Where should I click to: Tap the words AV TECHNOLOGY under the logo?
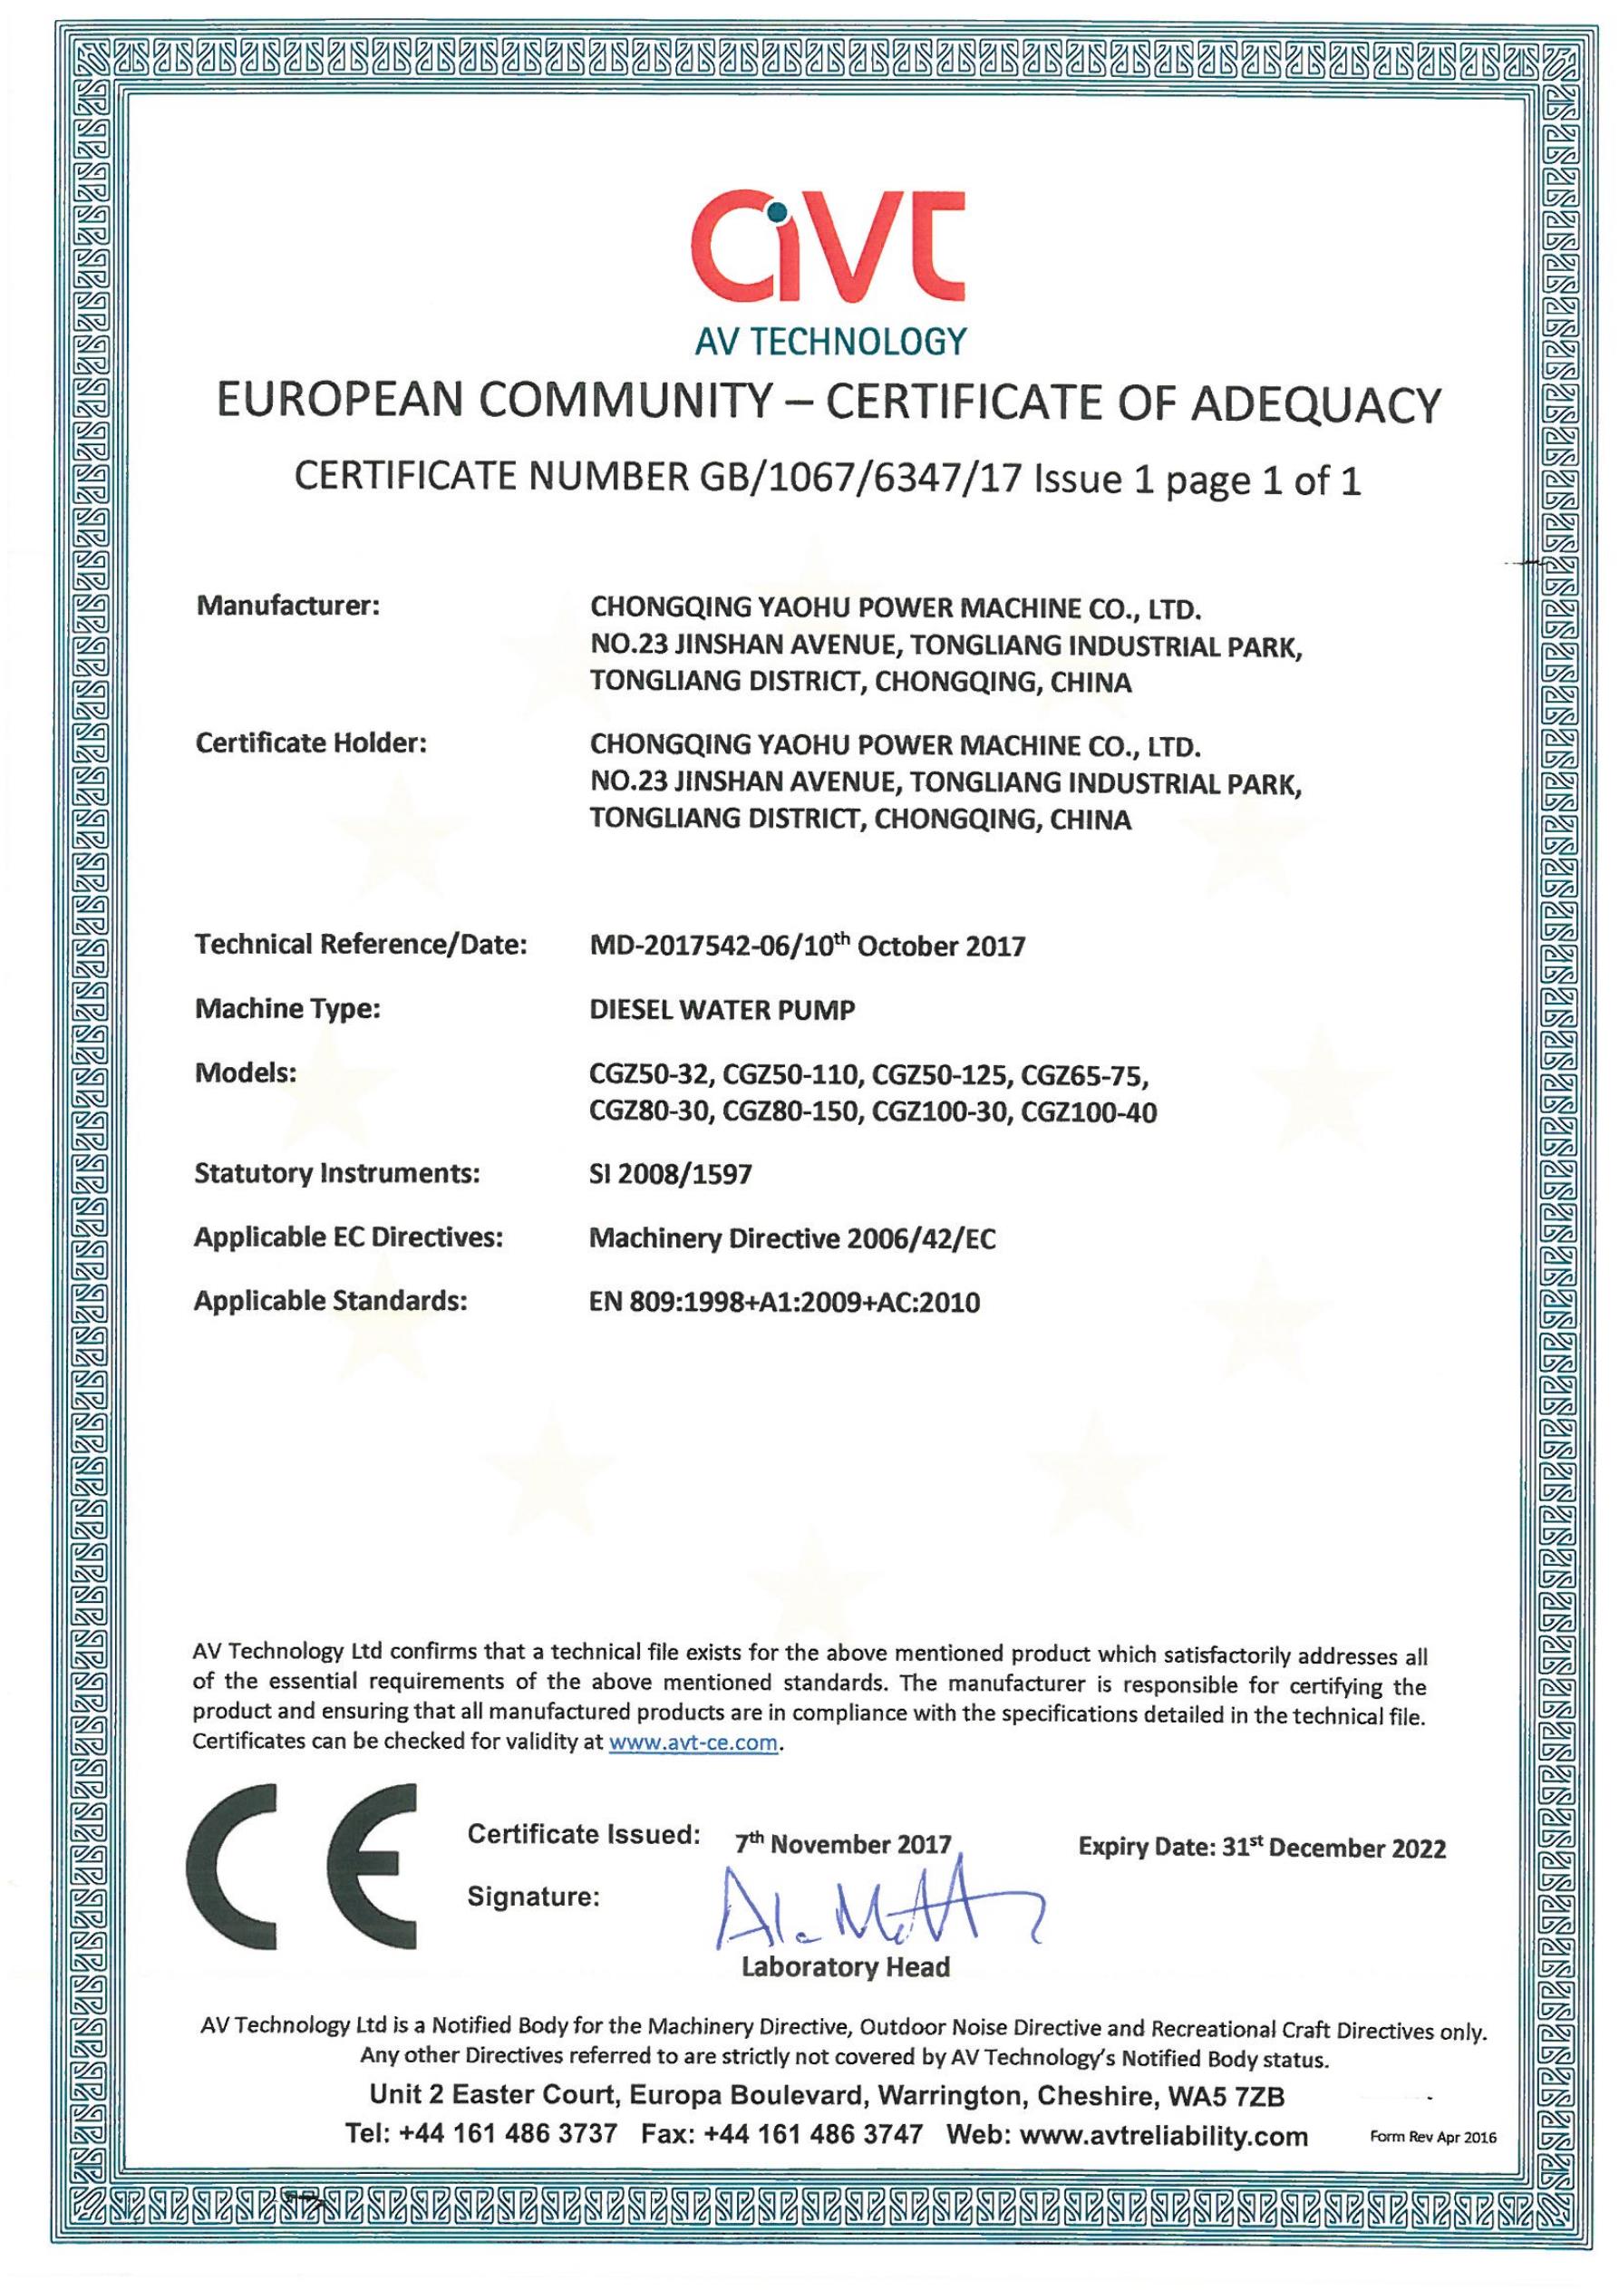click(x=831, y=342)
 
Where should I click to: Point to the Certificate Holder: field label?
click(x=311, y=743)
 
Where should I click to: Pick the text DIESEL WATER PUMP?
click(x=722, y=1009)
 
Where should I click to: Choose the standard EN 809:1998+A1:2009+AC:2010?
click(x=785, y=1302)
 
